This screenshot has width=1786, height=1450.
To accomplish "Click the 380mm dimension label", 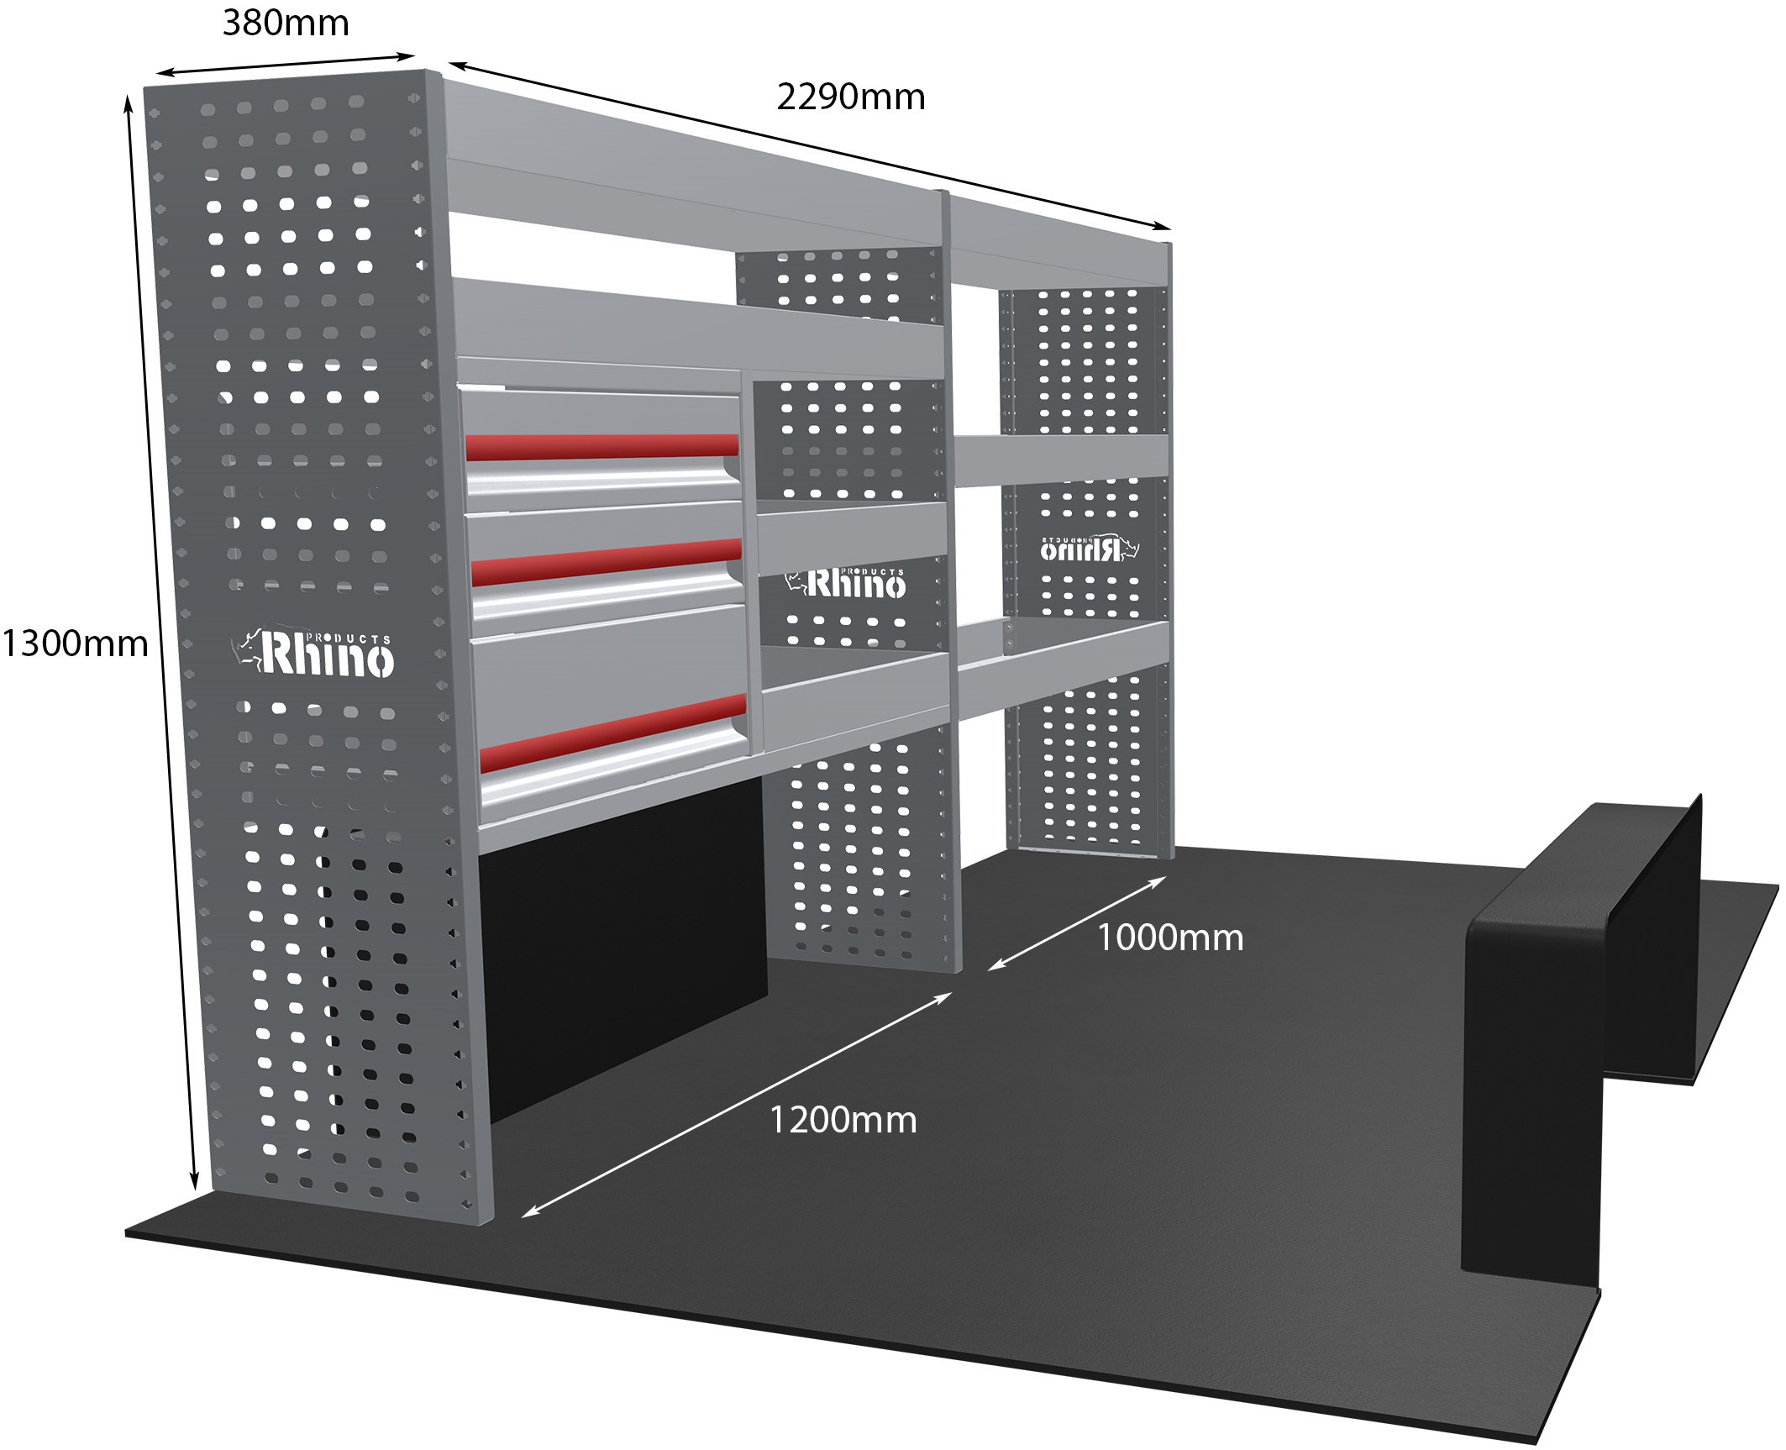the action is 286,23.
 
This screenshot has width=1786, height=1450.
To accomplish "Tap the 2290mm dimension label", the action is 850,97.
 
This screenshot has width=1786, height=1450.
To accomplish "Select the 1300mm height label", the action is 75,644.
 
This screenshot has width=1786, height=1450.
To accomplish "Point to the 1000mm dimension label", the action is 1170,938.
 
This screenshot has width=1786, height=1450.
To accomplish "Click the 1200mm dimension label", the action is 843,1121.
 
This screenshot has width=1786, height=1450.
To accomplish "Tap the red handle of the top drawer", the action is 601,446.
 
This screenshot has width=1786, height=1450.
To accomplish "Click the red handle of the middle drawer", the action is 607,562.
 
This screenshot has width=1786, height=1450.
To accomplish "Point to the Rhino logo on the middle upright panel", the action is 846,582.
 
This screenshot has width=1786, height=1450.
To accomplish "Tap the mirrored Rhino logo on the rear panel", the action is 1090,548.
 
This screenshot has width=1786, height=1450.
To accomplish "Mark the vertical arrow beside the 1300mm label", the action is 161,643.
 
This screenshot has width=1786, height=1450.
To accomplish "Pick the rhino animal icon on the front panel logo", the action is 247,654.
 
